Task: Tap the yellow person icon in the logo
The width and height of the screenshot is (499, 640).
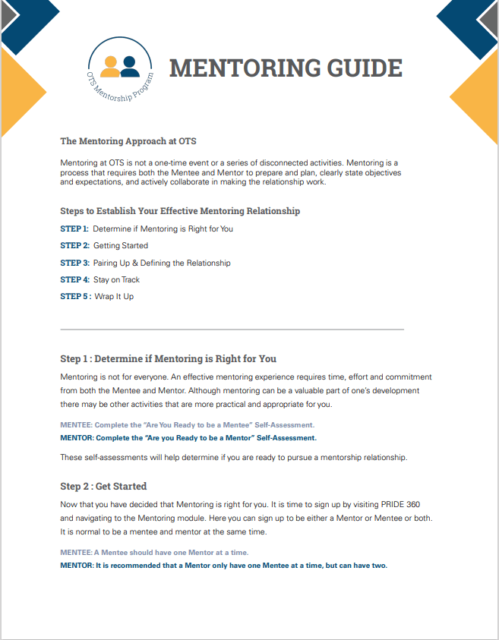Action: click(x=111, y=66)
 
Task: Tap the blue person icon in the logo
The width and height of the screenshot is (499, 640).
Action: click(x=131, y=65)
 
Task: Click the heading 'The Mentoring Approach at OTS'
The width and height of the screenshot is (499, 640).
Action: click(x=128, y=141)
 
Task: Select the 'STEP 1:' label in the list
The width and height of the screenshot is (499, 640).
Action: click(x=74, y=229)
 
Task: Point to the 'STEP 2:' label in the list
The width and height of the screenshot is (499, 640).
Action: click(x=74, y=246)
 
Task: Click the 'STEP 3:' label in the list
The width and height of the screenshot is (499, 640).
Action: click(x=74, y=263)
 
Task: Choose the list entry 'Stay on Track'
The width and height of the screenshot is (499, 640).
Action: click(x=122, y=279)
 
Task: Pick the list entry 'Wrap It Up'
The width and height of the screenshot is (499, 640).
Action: click(x=114, y=296)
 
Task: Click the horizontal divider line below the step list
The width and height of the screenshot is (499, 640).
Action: click(x=232, y=329)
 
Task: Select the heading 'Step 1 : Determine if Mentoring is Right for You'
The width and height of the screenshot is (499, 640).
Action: click(x=168, y=358)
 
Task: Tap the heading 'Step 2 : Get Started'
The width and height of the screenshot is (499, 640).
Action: click(x=103, y=486)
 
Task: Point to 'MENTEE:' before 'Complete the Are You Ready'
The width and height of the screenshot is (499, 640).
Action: click(x=76, y=425)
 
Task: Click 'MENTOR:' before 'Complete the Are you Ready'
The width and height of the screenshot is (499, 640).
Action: click(x=76, y=438)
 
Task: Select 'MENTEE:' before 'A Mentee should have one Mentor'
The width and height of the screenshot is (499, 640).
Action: click(x=76, y=553)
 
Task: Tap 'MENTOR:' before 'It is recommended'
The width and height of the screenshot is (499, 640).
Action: click(x=76, y=566)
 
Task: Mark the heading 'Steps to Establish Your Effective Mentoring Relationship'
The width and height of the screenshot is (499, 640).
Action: click(x=180, y=210)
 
